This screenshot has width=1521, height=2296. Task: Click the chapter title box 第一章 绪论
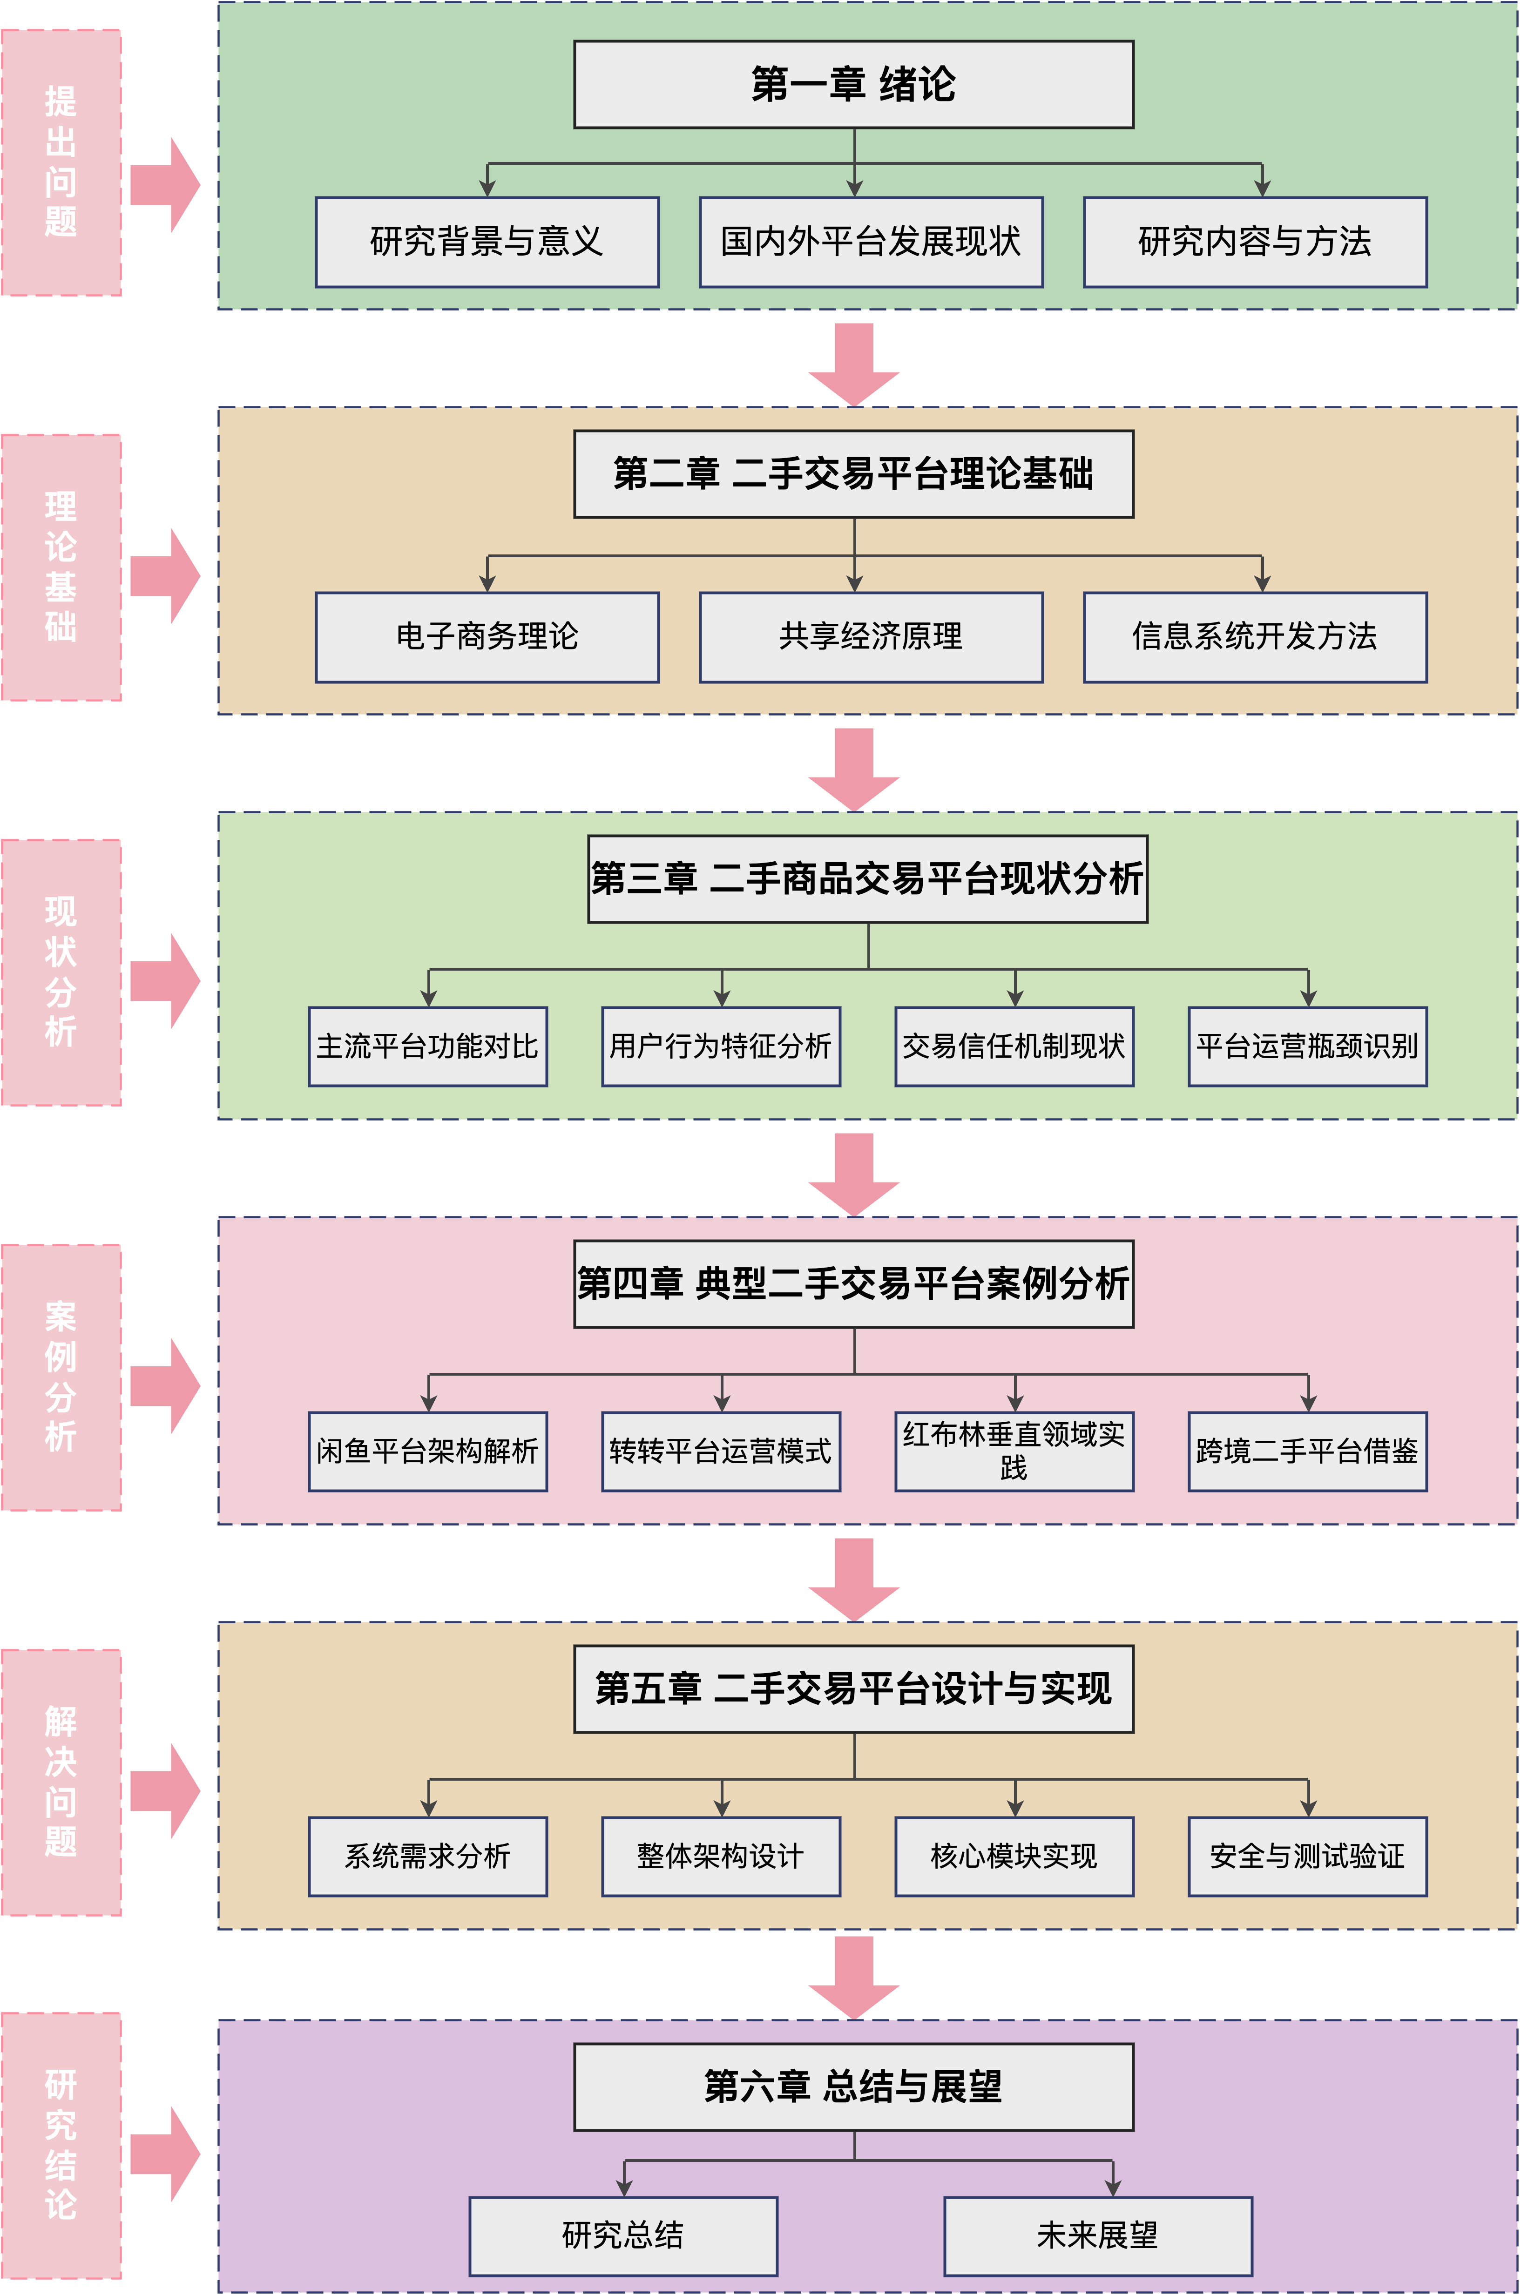pyautogui.click(x=854, y=84)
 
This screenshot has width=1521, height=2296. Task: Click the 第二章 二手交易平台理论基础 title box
pyautogui.click(x=854, y=474)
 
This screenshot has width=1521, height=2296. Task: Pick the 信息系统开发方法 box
pyautogui.click(x=1254, y=637)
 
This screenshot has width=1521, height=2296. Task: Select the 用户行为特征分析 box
pyautogui.click(x=721, y=1047)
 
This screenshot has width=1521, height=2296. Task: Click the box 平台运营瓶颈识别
pyautogui.click(x=1307, y=1047)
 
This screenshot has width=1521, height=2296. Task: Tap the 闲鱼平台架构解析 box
pyautogui.click(x=428, y=1451)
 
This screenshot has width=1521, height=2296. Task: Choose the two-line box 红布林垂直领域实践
pyautogui.click(x=1014, y=1451)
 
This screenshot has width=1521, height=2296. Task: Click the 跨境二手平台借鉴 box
pyautogui.click(x=1307, y=1451)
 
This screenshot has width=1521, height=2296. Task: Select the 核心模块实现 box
pyautogui.click(x=1014, y=1857)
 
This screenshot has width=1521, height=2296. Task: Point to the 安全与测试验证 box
pyautogui.click(x=1307, y=1857)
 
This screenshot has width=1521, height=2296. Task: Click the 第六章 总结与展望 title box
pyautogui.click(x=854, y=2087)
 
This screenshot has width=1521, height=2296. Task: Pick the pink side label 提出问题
pyautogui.click(x=61, y=162)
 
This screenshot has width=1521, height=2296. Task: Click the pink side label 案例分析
pyautogui.click(x=61, y=1378)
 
